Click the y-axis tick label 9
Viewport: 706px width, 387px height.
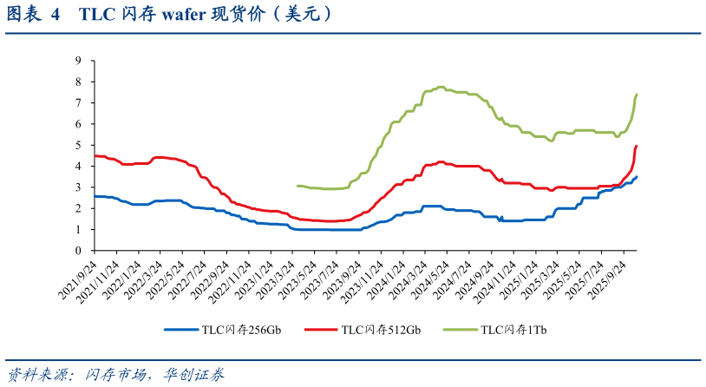[x=78, y=61]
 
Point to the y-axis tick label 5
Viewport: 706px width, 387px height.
[x=78, y=145]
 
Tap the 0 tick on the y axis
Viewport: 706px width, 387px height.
[x=78, y=251]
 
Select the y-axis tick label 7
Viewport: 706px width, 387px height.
[x=78, y=103]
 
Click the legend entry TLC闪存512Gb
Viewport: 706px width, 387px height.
[x=381, y=330]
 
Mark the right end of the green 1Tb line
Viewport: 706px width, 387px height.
[x=637, y=94]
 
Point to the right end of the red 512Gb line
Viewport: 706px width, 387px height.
[x=637, y=146]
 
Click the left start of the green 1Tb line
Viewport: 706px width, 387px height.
[x=297, y=186]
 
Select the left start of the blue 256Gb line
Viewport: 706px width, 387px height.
[x=94, y=196]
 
